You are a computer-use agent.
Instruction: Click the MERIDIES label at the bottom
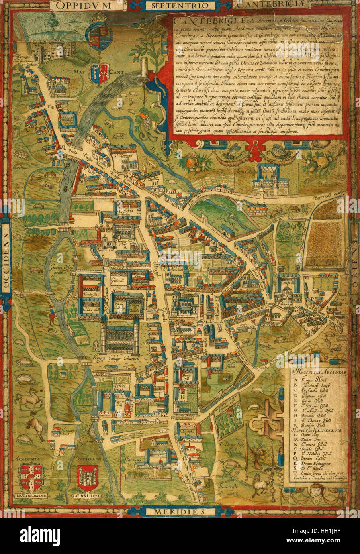tap(180, 511)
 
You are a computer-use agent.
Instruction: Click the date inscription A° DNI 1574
tap(88, 496)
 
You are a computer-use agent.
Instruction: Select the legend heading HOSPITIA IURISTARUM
tap(315, 431)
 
